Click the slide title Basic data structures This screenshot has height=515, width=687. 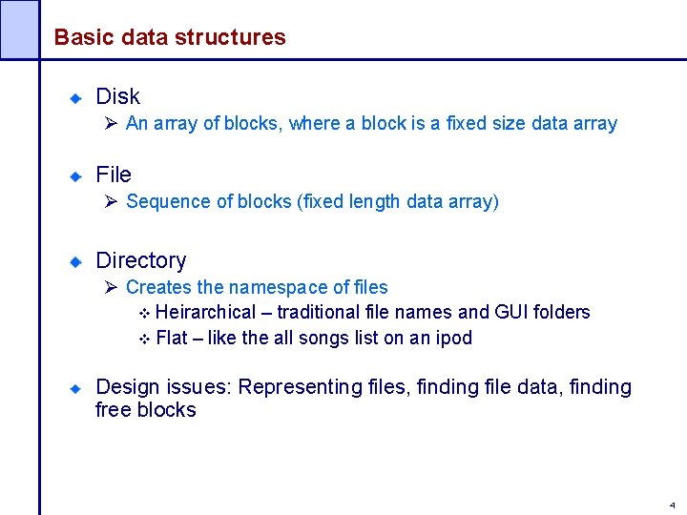(169, 37)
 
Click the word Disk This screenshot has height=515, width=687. (117, 96)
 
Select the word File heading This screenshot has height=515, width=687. (114, 175)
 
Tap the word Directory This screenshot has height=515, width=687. (141, 260)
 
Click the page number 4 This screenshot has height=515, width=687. (672, 505)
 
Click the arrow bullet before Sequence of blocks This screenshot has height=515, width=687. (111, 201)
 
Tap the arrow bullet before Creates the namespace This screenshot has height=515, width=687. (111, 287)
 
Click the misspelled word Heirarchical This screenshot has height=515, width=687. (205, 312)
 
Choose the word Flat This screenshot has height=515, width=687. (172, 338)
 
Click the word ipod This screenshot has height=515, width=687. (452, 338)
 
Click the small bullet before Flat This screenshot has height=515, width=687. (145, 339)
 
